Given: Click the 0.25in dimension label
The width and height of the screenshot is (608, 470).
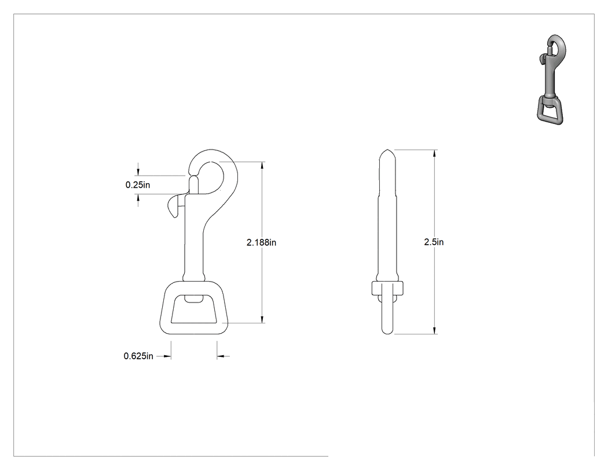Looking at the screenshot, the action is click(138, 185).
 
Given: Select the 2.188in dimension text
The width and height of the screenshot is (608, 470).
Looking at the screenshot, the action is click(261, 243).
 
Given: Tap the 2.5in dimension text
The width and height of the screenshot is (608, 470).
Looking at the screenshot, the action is click(434, 242).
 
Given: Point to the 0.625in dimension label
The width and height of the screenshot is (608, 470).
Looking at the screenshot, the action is click(138, 356).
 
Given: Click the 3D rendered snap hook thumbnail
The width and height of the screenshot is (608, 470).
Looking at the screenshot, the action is click(551, 79).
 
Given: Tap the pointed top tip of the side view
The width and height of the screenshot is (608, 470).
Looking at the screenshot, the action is click(387, 150).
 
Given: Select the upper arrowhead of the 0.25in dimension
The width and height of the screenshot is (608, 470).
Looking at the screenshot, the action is click(138, 172).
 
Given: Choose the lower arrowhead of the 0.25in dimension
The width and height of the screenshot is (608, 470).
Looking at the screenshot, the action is click(138, 198).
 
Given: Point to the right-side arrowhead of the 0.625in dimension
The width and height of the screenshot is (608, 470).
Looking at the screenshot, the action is click(221, 356).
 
